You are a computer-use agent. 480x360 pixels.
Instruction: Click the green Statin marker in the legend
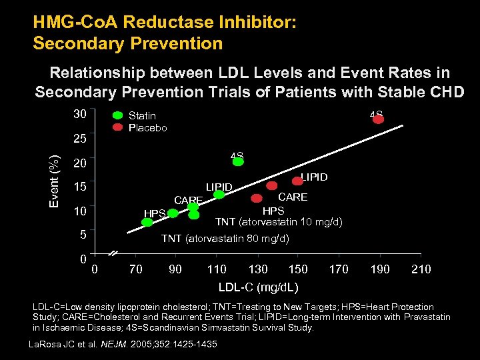coord(117,115)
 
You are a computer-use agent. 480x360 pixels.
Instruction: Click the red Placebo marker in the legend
coord(117,127)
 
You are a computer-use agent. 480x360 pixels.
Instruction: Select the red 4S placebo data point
coord(378,119)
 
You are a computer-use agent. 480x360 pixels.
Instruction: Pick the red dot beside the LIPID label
coord(297,181)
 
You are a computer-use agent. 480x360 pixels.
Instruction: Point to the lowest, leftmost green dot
coord(147,222)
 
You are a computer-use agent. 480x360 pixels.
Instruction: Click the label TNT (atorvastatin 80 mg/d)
coord(225,238)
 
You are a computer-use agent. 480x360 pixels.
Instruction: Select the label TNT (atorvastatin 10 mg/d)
coord(278,222)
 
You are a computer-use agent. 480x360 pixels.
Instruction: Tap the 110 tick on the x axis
coord(216,269)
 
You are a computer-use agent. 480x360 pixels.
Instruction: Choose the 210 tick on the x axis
coord(421,269)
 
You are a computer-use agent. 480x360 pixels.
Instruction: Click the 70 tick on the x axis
coord(135,269)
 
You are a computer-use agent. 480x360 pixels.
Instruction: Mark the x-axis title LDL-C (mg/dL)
coord(258,287)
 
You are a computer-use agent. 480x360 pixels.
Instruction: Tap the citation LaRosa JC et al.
coord(63,344)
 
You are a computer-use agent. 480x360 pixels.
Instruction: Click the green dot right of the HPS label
coord(173,213)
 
